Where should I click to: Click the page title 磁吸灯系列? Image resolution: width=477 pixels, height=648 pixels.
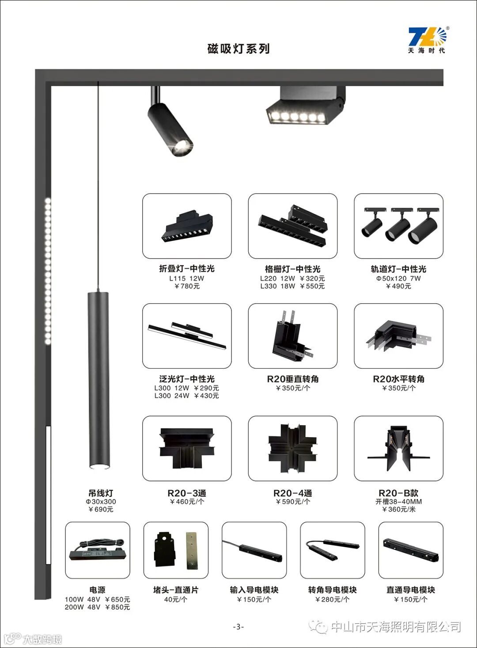tap(238, 49)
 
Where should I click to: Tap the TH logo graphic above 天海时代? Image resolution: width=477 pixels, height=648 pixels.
tap(427, 36)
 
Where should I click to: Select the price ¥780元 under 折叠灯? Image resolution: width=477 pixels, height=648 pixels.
tap(187, 286)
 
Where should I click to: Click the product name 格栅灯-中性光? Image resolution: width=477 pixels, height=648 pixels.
tap(292, 269)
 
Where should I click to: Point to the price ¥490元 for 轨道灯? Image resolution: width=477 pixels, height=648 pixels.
tap(398, 286)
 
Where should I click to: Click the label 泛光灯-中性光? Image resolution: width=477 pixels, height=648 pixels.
tap(187, 379)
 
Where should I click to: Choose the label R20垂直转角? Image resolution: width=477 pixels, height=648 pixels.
tap(292, 379)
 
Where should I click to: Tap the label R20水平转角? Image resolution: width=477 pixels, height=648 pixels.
tap(399, 379)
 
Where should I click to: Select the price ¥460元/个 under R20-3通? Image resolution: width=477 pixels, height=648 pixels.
tap(187, 501)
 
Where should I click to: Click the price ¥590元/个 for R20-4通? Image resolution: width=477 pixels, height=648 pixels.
tap(293, 501)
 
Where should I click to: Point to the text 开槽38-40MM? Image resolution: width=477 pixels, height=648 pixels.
tap(399, 501)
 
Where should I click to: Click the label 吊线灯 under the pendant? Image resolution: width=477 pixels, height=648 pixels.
tap(101, 493)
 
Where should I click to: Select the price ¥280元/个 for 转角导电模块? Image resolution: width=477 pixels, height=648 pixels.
tap(333, 599)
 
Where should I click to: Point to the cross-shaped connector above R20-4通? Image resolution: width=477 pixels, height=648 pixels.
tap(292, 449)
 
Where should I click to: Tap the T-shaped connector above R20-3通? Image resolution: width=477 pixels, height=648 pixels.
tap(187, 448)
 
